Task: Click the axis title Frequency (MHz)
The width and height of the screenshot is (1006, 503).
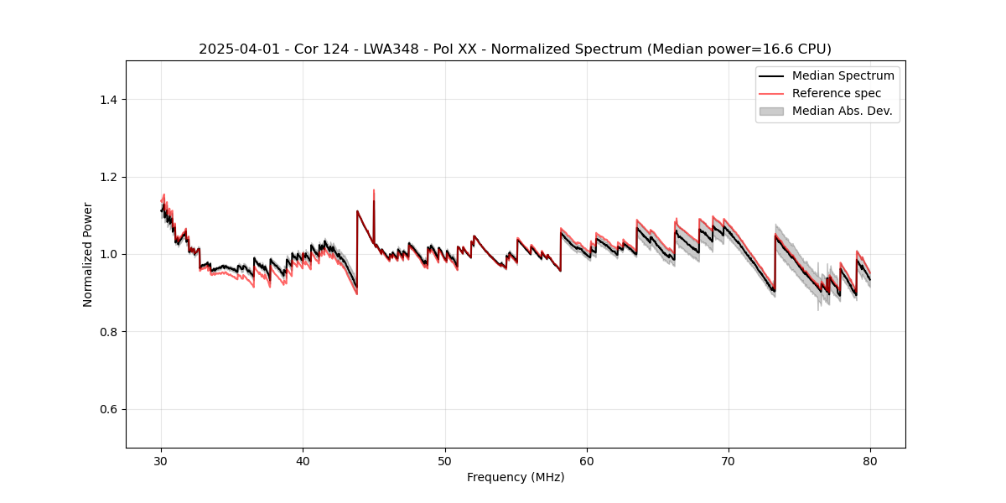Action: click(x=516, y=477)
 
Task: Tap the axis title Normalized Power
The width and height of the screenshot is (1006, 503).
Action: click(x=88, y=254)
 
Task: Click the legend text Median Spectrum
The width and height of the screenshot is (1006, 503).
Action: click(x=843, y=75)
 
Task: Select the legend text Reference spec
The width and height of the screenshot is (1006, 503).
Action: click(x=836, y=93)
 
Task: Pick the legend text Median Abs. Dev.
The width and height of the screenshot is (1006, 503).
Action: click(x=842, y=111)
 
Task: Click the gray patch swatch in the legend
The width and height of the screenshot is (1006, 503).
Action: click(x=771, y=111)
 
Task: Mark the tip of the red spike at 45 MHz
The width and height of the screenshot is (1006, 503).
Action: click(x=374, y=189)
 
